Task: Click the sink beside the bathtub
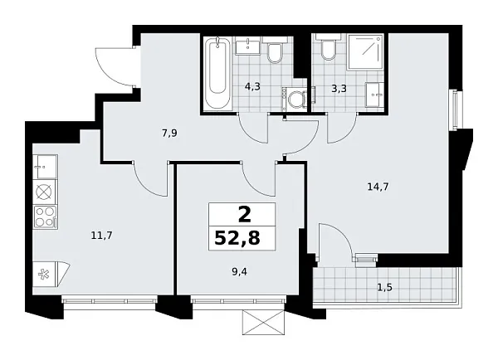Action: coord(247,45)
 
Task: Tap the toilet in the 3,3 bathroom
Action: coord(328,51)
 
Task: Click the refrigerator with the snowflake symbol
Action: coord(44,271)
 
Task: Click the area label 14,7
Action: coord(377,187)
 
